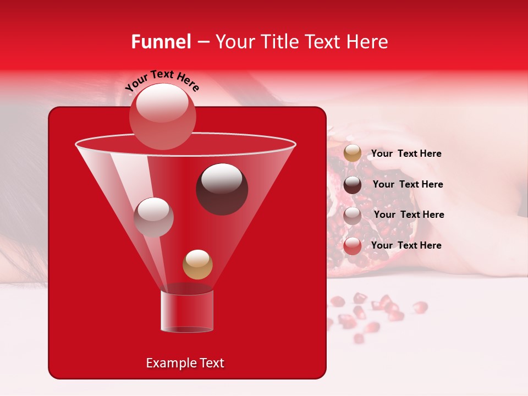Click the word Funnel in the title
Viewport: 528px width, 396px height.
click(161, 42)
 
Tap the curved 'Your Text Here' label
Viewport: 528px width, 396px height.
click(162, 80)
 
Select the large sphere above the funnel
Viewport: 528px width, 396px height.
click(162, 116)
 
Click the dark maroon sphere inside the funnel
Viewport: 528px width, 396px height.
click(222, 189)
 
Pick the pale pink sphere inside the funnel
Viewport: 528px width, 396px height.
click(153, 217)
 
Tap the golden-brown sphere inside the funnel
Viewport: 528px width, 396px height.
click(197, 264)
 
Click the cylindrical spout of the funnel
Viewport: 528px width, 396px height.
click(186, 311)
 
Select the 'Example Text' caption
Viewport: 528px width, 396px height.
click(185, 363)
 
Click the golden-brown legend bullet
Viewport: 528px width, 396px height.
click(353, 153)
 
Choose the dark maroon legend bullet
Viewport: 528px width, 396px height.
click(353, 184)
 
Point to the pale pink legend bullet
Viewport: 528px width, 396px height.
click(353, 215)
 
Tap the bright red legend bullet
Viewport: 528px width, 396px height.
click(353, 246)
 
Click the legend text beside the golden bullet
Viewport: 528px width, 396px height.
click(406, 153)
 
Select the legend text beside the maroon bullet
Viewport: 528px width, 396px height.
click(408, 184)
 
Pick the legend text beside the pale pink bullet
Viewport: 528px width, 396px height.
click(409, 215)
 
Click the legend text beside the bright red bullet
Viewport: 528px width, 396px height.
click(406, 245)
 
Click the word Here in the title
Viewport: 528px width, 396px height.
click(368, 42)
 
